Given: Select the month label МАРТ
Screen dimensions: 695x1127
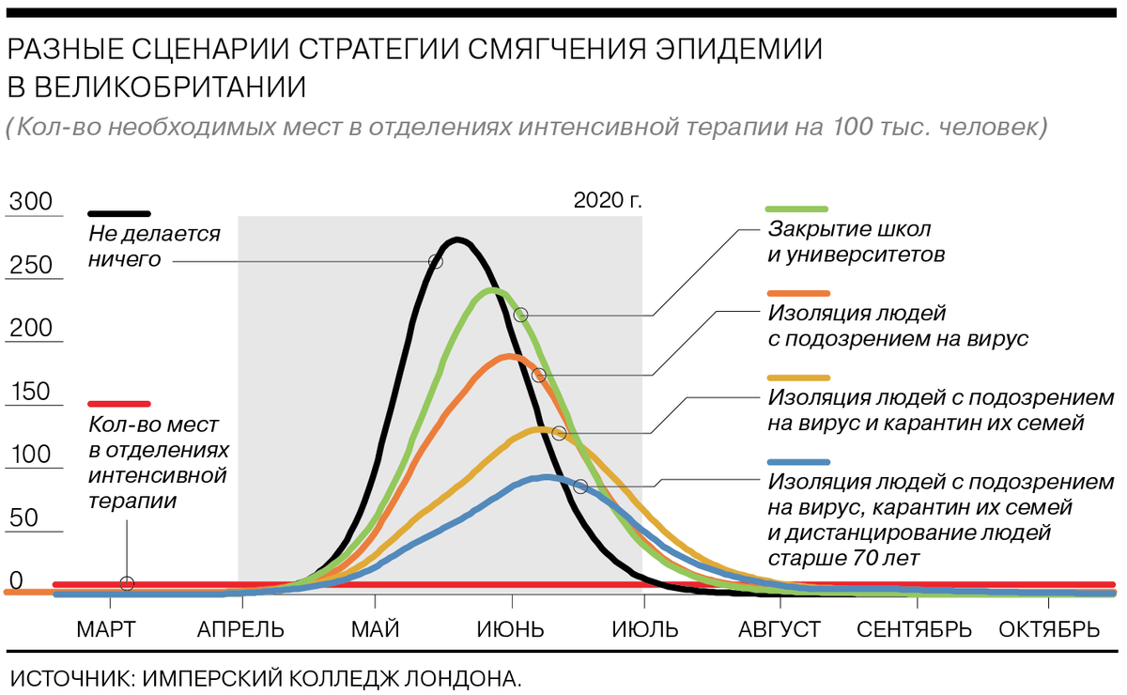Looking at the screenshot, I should click(105, 628).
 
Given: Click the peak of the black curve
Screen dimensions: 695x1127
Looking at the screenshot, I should click(456, 240).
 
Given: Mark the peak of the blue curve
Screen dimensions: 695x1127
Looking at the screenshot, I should click(547, 477).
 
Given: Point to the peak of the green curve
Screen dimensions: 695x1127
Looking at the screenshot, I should click(492, 290).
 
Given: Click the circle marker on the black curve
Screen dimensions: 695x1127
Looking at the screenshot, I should click(436, 261).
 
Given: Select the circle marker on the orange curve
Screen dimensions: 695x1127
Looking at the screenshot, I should click(538, 375).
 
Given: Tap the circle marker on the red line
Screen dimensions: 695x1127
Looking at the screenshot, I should click(127, 584).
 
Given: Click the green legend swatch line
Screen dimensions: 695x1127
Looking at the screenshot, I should click(797, 208).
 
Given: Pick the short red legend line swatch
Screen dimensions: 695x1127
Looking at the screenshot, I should click(119, 401).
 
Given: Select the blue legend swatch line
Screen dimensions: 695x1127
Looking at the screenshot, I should click(797, 462).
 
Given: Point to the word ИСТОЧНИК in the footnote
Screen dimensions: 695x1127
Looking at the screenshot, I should click(67, 676).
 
